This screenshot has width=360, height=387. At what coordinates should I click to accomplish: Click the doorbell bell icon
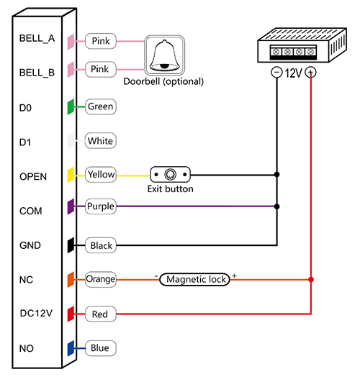(165, 55)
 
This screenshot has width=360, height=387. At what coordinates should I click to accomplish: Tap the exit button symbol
(170, 175)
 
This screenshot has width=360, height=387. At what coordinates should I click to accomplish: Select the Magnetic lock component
(195, 279)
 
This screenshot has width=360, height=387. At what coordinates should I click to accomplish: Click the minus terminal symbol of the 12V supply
(276, 73)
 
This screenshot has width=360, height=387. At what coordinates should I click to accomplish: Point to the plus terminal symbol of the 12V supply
(310, 73)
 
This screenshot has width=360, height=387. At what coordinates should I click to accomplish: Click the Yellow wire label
(101, 175)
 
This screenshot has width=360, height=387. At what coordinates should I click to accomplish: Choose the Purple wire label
(101, 206)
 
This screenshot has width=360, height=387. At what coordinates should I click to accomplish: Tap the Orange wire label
(101, 279)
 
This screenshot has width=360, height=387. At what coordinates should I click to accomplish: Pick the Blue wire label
(100, 348)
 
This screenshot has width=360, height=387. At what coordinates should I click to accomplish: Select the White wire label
(100, 141)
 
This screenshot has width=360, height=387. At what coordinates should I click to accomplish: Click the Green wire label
(100, 106)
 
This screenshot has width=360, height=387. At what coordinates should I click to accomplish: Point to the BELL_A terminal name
(37, 39)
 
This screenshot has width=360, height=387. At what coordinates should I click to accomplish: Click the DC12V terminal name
(36, 313)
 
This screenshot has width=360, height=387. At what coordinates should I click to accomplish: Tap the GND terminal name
(30, 245)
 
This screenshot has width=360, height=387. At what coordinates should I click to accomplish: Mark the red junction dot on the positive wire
(311, 279)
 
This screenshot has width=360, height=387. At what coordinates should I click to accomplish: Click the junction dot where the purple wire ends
(276, 206)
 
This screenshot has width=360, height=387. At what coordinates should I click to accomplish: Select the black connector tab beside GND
(71, 245)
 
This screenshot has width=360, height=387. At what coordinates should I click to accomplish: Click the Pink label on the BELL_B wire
(100, 69)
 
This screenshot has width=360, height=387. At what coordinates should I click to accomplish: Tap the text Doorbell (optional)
(163, 81)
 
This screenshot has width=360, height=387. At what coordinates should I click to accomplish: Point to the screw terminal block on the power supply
(293, 53)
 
